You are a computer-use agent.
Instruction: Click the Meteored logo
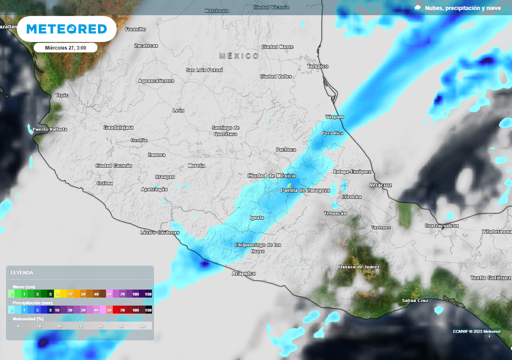click(x=66, y=29)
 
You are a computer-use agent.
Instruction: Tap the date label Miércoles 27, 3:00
click(x=65, y=48)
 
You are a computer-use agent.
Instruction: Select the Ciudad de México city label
click(x=271, y=175)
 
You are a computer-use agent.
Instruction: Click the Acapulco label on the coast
click(x=244, y=273)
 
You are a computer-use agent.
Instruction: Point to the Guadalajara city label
click(x=118, y=127)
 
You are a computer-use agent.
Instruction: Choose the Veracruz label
click(x=380, y=185)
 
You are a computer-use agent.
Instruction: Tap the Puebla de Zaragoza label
click(x=305, y=190)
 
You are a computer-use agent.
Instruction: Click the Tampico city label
click(x=317, y=66)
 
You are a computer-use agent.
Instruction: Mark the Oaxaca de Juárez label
click(x=359, y=267)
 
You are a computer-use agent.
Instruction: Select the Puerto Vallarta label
click(x=49, y=129)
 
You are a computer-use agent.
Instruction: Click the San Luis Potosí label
click(x=204, y=70)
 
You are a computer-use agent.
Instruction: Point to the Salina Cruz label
click(x=415, y=300)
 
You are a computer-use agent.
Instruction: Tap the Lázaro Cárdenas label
click(x=160, y=232)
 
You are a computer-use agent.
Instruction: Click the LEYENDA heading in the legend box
click(x=22, y=272)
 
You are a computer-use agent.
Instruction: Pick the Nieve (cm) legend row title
click(x=23, y=287)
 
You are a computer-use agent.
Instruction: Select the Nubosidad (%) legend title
click(x=28, y=318)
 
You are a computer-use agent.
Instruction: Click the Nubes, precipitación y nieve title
click(x=462, y=8)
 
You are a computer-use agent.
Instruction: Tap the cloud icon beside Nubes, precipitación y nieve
click(x=418, y=7)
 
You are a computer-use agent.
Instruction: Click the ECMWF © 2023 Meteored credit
click(x=476, y=331)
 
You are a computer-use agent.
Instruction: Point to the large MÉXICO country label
click(x=239, y=56)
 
